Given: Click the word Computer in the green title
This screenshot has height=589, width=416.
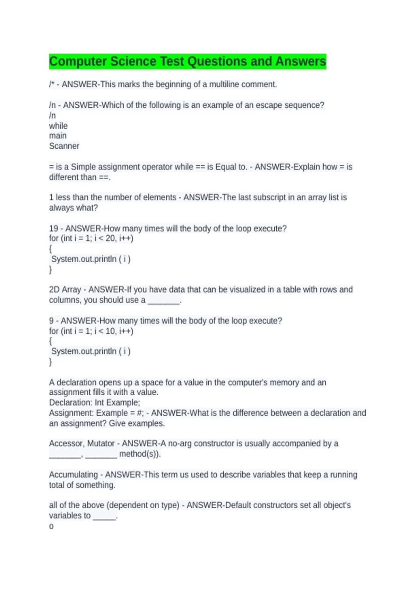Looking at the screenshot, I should [x=78, y=61].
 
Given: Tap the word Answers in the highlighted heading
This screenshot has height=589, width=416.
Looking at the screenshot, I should [x=301, y=61].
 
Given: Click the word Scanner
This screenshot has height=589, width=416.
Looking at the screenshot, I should [x=64, y=146].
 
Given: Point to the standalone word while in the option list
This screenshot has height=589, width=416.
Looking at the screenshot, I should [x=58, y=126].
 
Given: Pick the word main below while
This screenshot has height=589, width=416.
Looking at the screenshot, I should [x=58, y=136].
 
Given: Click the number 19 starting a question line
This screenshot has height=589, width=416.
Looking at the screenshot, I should [x=53, y=228].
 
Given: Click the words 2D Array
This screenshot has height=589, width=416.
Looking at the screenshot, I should [x=65, y=289].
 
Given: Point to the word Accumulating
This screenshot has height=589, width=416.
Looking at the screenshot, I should [x=73, y=474].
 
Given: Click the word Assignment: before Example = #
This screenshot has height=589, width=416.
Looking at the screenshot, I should [x=71, y=413].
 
